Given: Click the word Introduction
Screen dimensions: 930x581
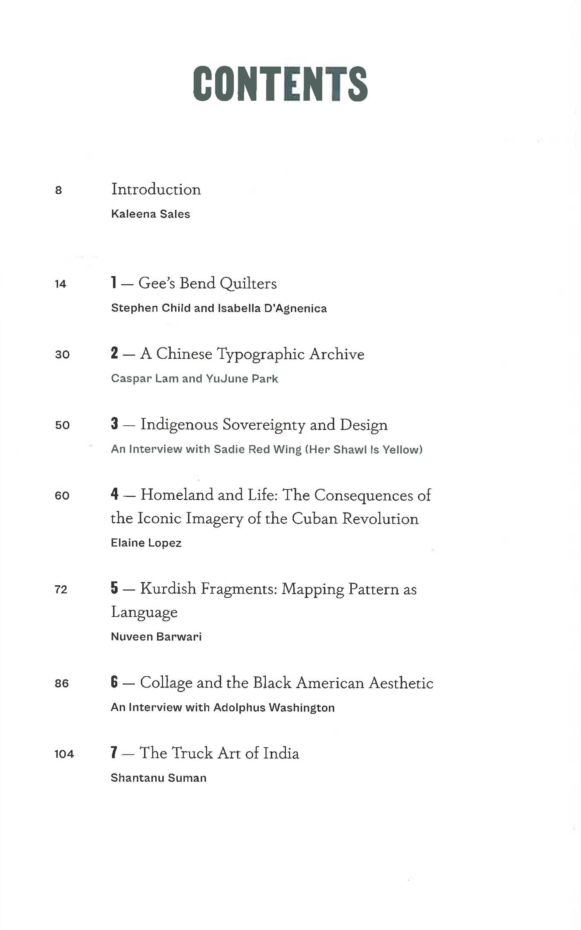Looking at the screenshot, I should (156, 189).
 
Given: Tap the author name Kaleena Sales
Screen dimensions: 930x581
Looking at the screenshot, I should (150, 214).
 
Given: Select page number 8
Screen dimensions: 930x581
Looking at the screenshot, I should (58, 190).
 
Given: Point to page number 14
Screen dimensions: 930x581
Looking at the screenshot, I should (60, 284).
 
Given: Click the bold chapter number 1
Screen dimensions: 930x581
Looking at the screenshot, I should (113, 283).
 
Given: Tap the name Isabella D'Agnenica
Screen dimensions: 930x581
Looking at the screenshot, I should (272, 308).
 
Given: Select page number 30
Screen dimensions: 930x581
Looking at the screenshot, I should (62, 355).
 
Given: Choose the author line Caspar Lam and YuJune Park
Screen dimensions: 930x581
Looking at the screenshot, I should (194, 379).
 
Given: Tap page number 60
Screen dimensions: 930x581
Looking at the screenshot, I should (62, 496).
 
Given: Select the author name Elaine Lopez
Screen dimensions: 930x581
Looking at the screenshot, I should (146, 543).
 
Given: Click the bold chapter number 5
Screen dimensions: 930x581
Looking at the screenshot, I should (114, 588).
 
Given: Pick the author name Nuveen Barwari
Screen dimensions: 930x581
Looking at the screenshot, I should (156, 637).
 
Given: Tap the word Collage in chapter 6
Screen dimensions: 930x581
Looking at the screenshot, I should (166, 683).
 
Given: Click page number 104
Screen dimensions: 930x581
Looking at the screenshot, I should (64, 754).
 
